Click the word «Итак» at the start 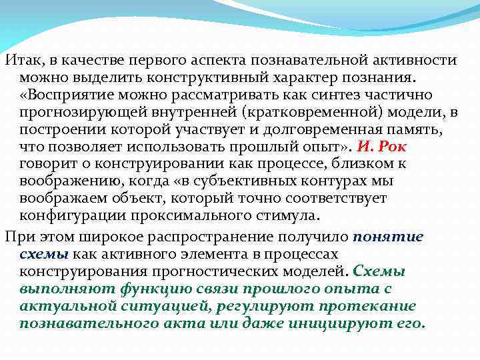20,60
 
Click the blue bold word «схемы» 43,254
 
